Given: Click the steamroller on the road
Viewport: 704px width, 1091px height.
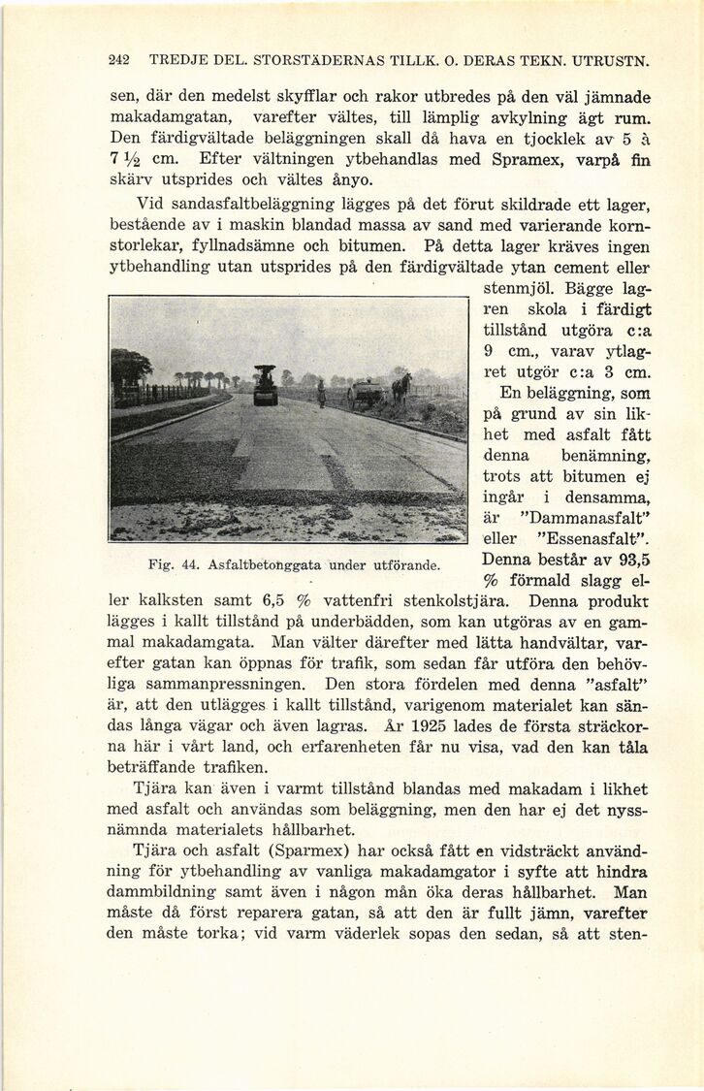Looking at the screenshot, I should [265, 385].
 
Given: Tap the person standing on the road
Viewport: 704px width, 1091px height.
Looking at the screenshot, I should [321, 393].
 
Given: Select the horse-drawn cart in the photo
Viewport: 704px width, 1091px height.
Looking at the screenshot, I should [367, 393].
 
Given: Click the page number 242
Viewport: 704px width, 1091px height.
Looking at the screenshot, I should [119, 60].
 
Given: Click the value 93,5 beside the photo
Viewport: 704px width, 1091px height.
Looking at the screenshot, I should [627, 560].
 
